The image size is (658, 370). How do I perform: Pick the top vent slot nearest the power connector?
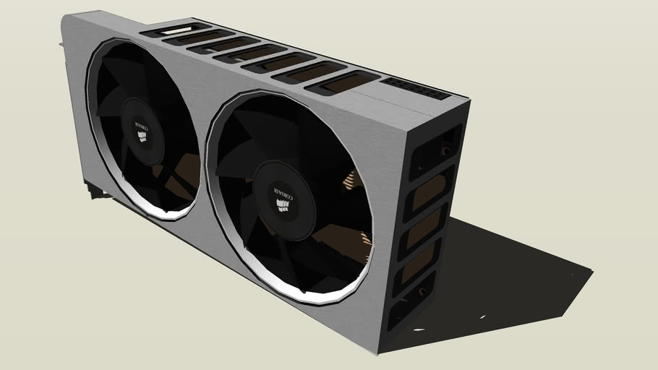pos(342,81)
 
